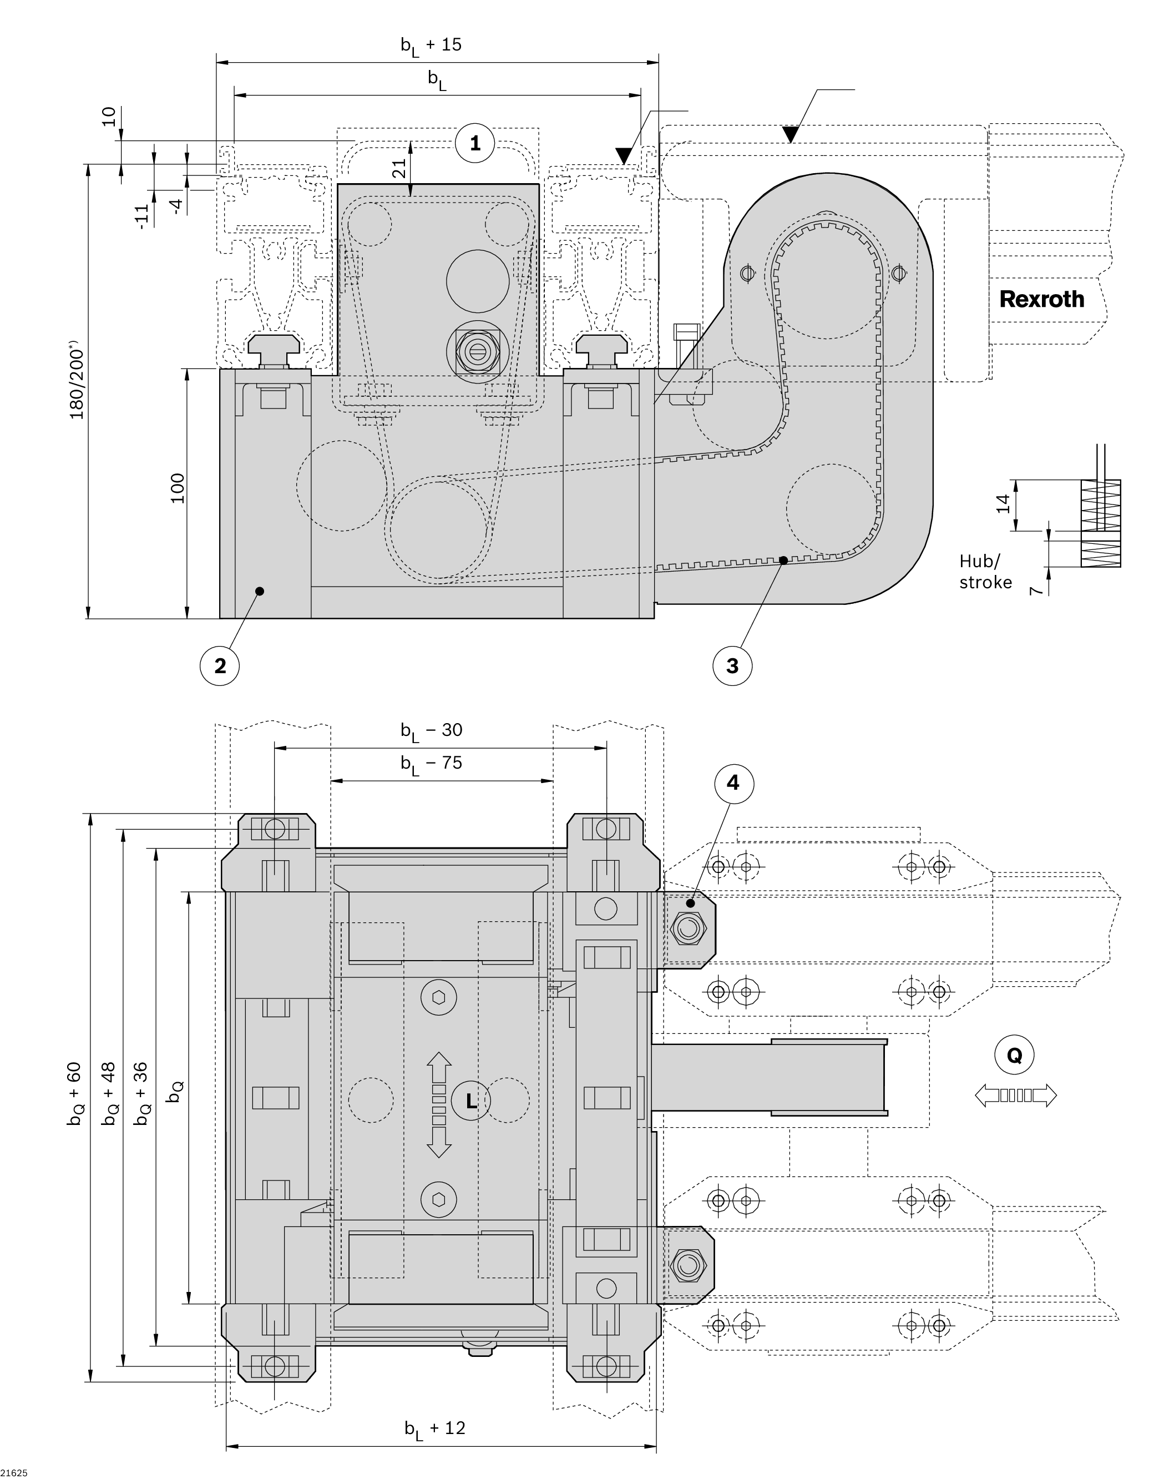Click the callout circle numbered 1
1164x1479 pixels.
point(475,143)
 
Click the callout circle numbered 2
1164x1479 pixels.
point(220,665)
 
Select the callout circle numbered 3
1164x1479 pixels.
point(732,665)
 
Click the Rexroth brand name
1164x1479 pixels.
point(1041,299)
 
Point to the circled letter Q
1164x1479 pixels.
point(1014,1055)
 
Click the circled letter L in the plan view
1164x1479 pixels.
point(471,1100)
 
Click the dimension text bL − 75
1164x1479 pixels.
point(432,763)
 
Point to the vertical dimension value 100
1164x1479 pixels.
point(177,488)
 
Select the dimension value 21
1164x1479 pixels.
point(400,168)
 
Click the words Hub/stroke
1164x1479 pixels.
point(985,571)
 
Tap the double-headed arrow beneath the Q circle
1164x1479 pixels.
point(1015,1096)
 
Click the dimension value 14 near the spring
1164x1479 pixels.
point(1003,504)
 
